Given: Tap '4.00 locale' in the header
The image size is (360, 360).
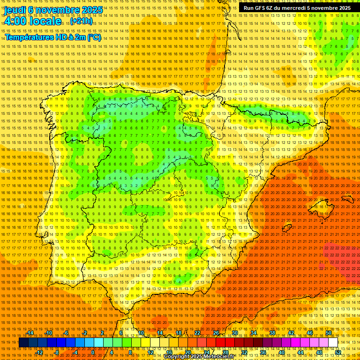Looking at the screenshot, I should [x=32, y=21].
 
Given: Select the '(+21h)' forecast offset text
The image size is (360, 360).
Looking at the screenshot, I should [x=81, y=21].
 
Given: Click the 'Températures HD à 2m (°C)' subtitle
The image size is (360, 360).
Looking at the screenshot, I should [x=53, y=37].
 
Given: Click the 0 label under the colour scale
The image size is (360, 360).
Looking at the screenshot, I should [x=93, y=352].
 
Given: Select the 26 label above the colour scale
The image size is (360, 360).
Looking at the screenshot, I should [x=216, y=333].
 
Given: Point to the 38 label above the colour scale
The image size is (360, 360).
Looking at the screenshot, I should [x=272, y=333].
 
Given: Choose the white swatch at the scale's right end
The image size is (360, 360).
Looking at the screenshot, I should [x=333, y=343].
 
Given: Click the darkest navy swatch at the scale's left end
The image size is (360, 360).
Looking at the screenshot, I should [x=23, y=343].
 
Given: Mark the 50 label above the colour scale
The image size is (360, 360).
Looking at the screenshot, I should [x=329, y=333].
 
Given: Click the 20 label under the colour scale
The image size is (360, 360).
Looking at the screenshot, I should [x=187, y=352].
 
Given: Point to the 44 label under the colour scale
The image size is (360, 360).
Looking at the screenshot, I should [x=300, y=352].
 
